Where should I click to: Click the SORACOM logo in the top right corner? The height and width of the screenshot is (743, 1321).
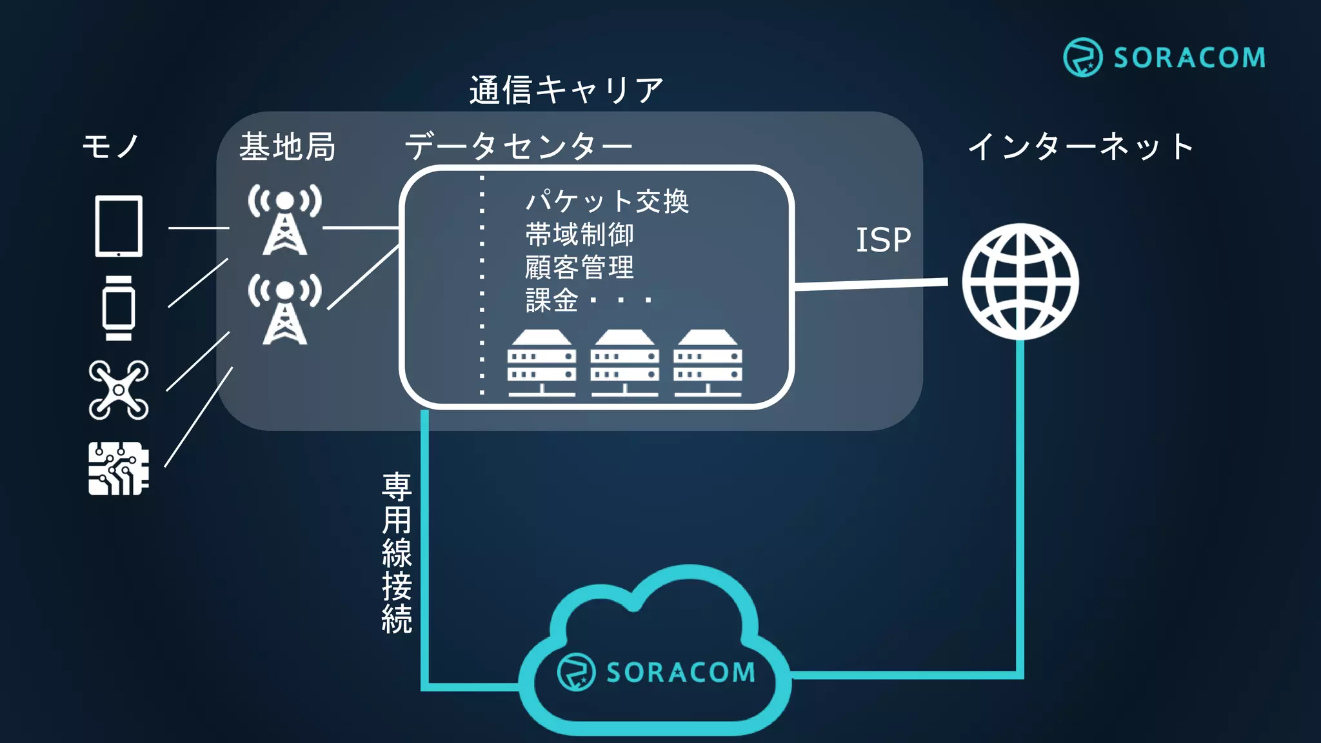pyautogui.click(x=1164, y=57)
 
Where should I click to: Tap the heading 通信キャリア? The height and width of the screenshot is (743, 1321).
pyautogui.click(x=566, y=90)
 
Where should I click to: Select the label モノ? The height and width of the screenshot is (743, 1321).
pyautogui.click(x=110, y=146)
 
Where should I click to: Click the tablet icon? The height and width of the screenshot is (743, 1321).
pyautogui.click(x=119, y=226)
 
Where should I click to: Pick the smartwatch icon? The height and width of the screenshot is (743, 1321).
pyautogui.click(x=119, y=308)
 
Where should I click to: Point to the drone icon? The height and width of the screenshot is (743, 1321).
pyautogui.click(x=119, y=390)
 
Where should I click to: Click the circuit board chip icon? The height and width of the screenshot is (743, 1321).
pyautogui.click(x=119, y=468)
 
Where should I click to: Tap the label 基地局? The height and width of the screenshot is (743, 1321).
pyautogui.click(x=288, y=146)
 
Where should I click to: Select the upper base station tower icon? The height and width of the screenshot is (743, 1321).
pyautogui.click(x=284, y=219)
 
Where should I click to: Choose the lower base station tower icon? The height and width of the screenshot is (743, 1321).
pyautogui.click(x=284, y=309)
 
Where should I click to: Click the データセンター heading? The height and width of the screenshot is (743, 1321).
pyautogui.click(x=518, y=146)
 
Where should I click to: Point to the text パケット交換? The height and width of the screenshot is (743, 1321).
pyautogui.click(x=607, y=201)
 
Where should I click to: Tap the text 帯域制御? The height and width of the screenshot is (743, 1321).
pyautogui.click(x=579, y=234)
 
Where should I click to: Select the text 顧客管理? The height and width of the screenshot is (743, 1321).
pyautogui.click(x=579, y=267)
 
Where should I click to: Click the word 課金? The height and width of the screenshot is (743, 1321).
pyautogui.click(x=551, y=300)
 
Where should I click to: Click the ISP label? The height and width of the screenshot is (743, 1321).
pyautogui.click(x=883, y=240)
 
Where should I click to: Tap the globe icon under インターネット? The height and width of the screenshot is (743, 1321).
pyautogui.click(x=1020, y=282)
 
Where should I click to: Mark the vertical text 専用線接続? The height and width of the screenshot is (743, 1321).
pyautogui.click(x=397, y=553)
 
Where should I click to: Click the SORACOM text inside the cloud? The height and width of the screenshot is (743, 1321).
pyautogui.click(x=680, y=673)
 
